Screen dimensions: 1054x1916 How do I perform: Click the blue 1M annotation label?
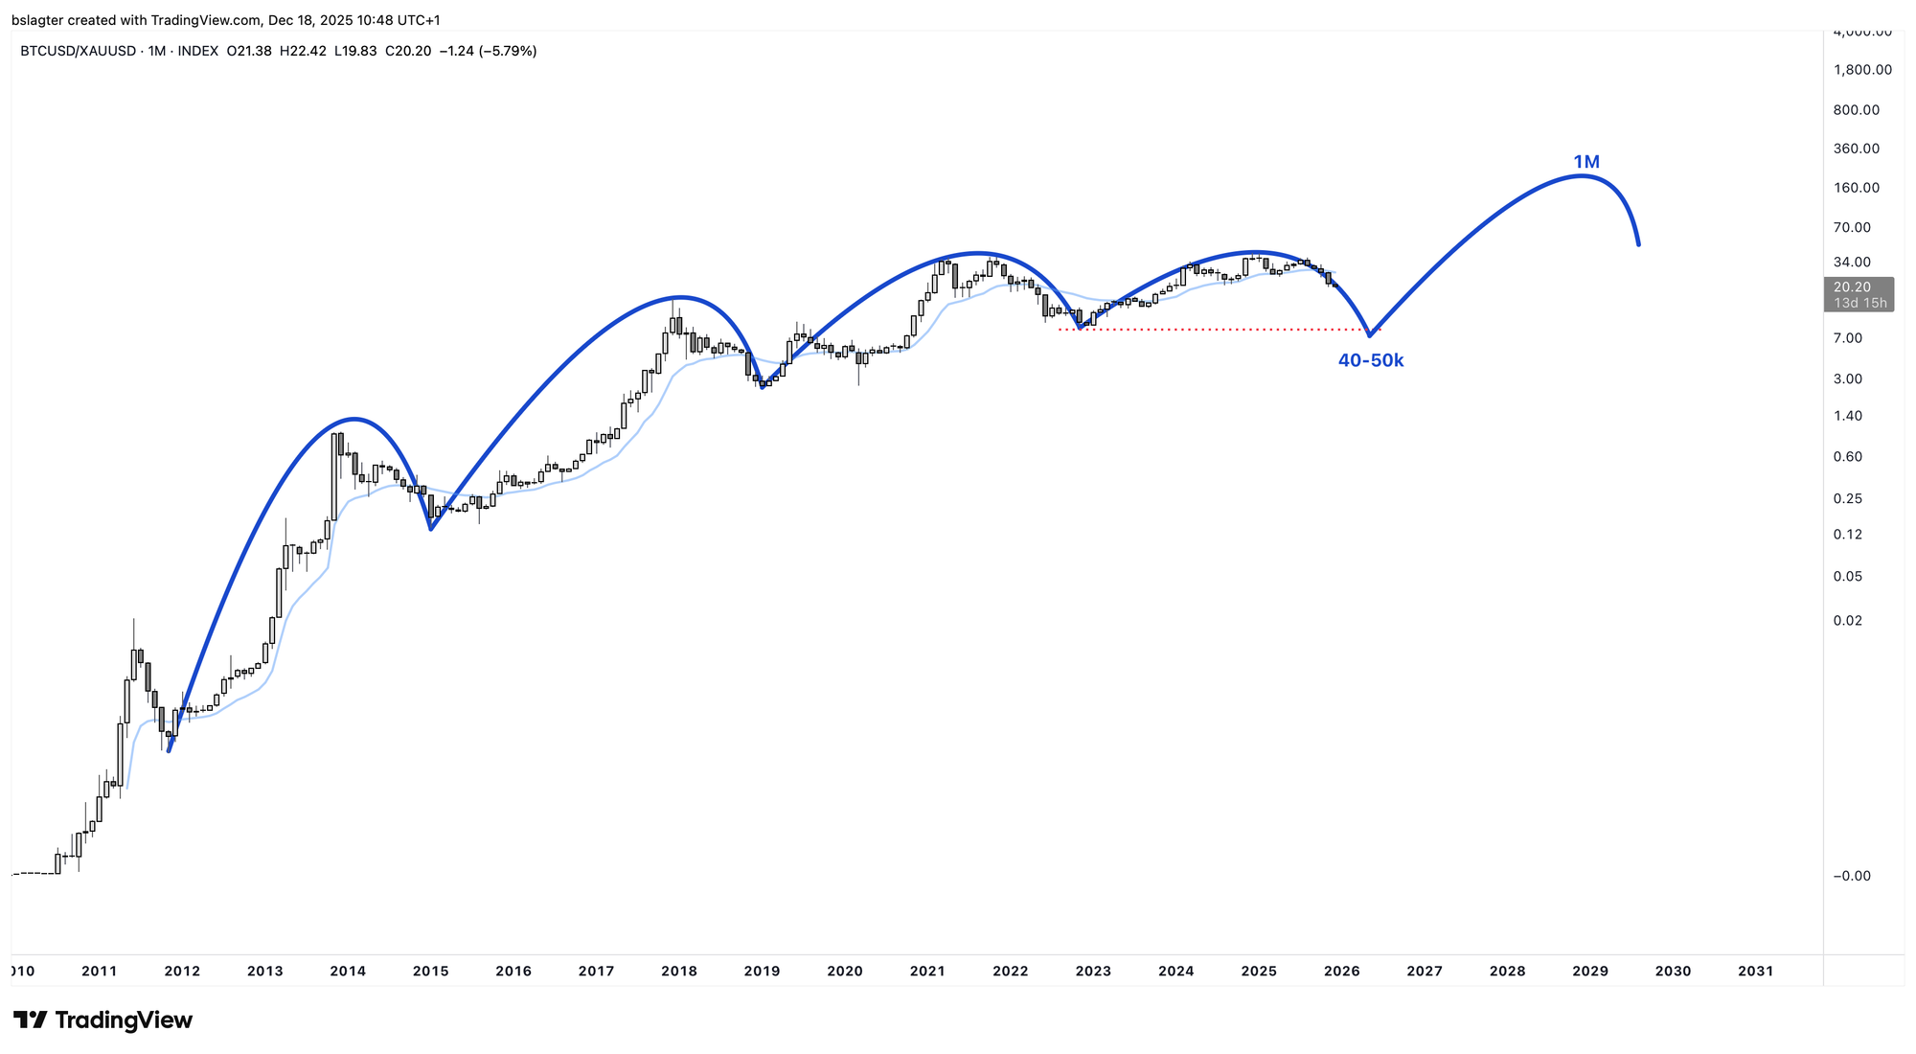1586,162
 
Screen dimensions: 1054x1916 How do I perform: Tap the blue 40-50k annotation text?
1370,360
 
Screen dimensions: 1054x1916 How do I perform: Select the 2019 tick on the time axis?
762,971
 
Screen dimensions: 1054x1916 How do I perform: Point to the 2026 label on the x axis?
1341,971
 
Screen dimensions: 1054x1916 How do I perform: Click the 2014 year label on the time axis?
348,971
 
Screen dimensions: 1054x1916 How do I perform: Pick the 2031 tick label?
1755,971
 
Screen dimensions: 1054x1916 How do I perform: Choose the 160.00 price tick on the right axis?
1857,188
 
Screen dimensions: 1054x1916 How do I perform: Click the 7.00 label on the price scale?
1848,338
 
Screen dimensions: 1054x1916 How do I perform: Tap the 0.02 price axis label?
1848,621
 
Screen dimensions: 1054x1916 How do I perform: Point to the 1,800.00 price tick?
1862,70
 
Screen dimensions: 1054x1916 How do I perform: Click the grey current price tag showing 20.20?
1859,294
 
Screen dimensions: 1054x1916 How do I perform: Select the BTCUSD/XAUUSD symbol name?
79,51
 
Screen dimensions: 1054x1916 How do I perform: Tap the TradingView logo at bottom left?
103,1020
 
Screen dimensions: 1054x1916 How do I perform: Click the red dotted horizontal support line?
1217,330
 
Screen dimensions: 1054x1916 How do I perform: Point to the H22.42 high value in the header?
303,51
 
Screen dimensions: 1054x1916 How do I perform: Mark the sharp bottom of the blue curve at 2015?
431,529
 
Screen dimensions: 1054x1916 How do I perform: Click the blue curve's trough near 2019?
763,387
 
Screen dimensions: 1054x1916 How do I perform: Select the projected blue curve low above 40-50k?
1370,335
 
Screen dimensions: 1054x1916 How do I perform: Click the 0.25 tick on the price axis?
1848,498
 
